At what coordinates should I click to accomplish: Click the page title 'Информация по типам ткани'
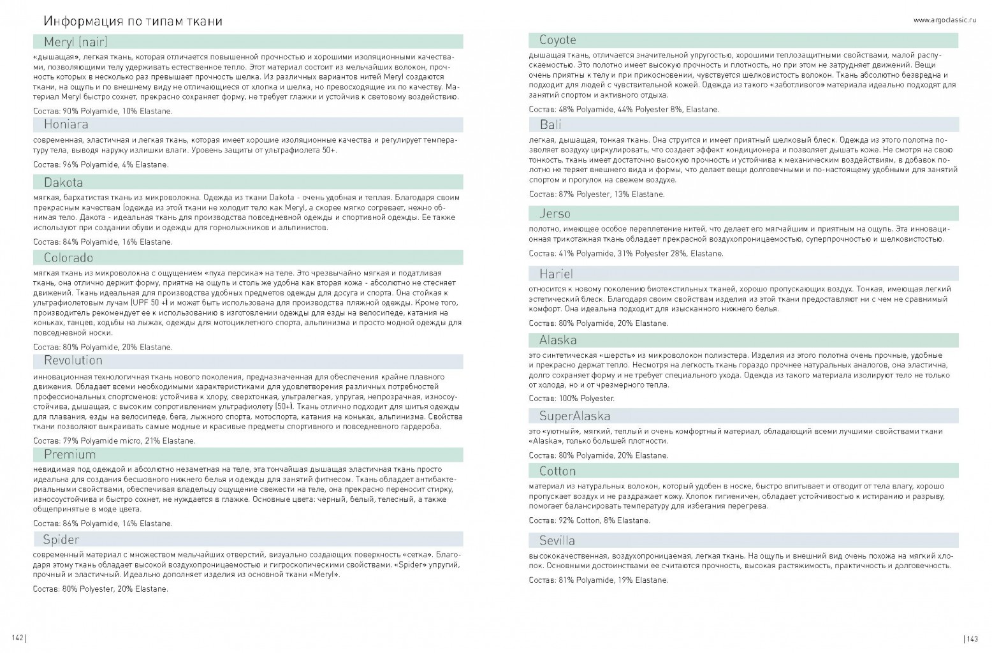click(x=133, y=21)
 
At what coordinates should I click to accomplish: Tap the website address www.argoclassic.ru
click(x=944, y=20)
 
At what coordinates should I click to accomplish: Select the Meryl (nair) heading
click(x=75, y=42)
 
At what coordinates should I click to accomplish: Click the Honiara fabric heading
click(x=66, y=124)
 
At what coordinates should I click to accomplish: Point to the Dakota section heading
click(x=63, y=182)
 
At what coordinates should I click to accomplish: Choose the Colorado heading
click(x=68, y=258)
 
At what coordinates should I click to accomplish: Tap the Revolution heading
click(x=73, y=360)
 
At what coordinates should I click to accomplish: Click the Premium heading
click(x=69, y=455)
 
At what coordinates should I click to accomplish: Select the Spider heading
click(x=61, y=540)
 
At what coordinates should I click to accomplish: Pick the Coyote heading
click(x=557, y=40)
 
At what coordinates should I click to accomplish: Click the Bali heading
click(x=550, y=124)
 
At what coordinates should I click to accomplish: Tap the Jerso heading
click(x=555, y=214)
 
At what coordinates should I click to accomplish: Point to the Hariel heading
click(x=556, y=274)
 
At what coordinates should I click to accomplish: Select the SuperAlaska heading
click(x=574, y=416)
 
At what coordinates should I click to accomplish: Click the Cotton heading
click(x=557, y=471)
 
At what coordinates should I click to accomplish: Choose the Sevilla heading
click(x=557, y=540)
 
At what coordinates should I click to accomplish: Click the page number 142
click(x=18, y=638)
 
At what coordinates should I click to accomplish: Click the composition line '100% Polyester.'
click(x=571, y=399)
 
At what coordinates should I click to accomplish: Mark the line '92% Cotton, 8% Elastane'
click(x=589, y=520)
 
